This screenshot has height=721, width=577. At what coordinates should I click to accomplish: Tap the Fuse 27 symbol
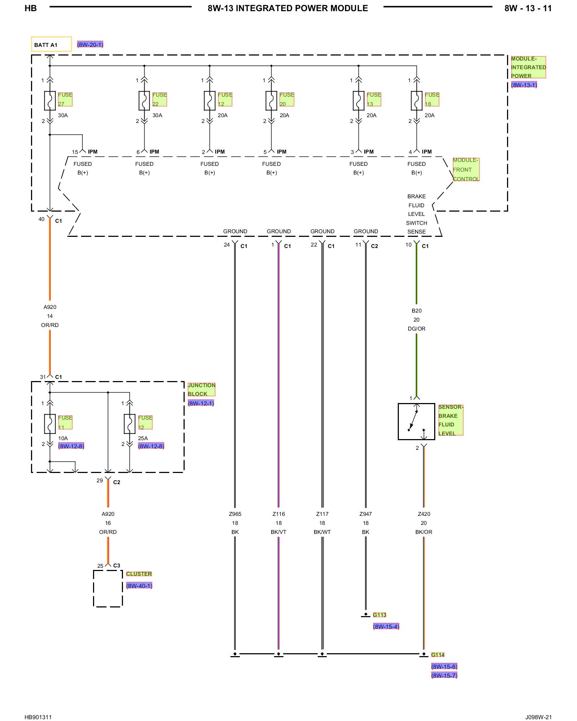50,101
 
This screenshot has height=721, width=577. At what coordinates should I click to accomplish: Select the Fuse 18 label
432,99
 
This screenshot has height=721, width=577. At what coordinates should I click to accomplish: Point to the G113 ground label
379,615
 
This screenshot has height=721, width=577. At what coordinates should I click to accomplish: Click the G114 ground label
438,655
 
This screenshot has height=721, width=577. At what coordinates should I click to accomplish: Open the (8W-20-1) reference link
90,45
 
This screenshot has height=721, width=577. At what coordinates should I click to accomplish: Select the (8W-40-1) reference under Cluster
139,586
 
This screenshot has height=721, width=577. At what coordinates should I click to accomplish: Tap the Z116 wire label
279,514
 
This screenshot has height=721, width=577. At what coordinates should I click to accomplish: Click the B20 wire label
417,311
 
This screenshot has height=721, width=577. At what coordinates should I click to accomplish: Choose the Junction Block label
201,389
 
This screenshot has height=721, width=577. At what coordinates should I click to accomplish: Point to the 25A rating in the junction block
143,438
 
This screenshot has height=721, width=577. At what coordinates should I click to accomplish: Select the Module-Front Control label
466,169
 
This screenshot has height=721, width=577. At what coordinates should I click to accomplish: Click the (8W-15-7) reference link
444,676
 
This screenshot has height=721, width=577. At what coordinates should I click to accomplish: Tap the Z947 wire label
366,514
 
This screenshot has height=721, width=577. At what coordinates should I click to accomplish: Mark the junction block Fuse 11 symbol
50,424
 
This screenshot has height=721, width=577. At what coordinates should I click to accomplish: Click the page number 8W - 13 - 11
528,8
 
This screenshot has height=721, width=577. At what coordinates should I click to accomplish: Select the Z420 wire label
424,514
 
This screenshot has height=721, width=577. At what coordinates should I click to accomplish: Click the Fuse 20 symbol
271,101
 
